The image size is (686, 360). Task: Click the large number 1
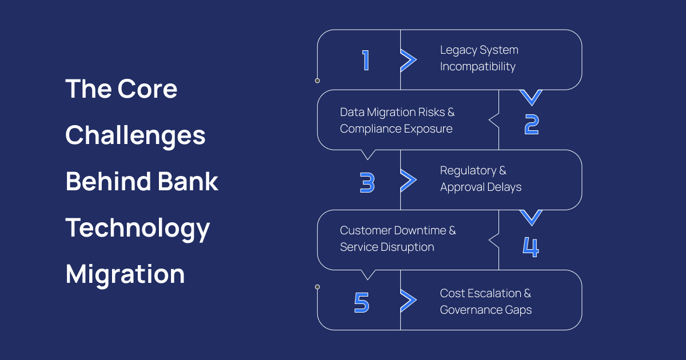366,60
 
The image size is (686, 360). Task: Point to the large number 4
531,246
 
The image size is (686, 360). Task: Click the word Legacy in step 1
458,50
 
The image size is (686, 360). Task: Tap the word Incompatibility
477,67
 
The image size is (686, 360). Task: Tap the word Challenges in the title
135,136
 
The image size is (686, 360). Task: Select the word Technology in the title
138,228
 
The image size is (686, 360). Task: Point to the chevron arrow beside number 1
408,60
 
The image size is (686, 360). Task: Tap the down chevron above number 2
532,97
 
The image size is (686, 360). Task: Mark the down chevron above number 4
531,217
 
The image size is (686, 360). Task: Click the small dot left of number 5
317,287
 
